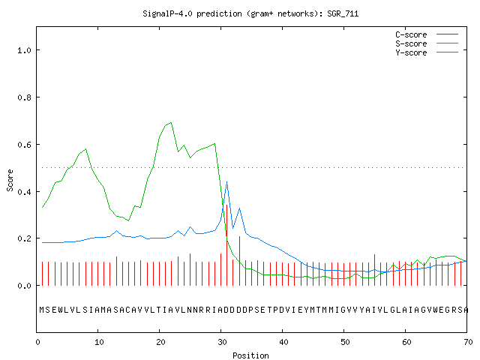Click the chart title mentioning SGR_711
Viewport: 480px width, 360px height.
click(x=250, y=13)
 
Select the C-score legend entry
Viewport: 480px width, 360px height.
click(x=427, y=34)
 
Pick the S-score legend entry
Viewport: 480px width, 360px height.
click(x=427, y=43)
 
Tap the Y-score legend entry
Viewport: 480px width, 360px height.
click(x=427, y=52)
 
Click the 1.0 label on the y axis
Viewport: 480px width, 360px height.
click(x=24, y=50)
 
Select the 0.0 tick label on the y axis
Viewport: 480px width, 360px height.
click(x=24, y=286)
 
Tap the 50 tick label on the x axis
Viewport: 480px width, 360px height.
click(x=345, y=342)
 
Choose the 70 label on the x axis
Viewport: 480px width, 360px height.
click(x=468, y=342)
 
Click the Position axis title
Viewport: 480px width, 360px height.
click(x=250, y=355)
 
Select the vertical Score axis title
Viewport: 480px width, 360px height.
click(x=10, y=180)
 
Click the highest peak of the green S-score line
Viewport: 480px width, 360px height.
click(x=171, y=123)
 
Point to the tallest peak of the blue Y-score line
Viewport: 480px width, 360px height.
click(x=226, y=182)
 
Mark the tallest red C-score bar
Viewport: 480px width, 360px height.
click(x=226, y=245)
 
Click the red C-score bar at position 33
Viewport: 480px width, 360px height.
click(x=239, y=261)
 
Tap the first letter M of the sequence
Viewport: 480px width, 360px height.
click(x=42, y=310)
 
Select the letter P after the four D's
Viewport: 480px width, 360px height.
click(x=250, y=310)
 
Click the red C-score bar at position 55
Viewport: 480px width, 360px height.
click(x=374, y=270)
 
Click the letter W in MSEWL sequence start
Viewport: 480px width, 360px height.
click(x=60, y=310)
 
